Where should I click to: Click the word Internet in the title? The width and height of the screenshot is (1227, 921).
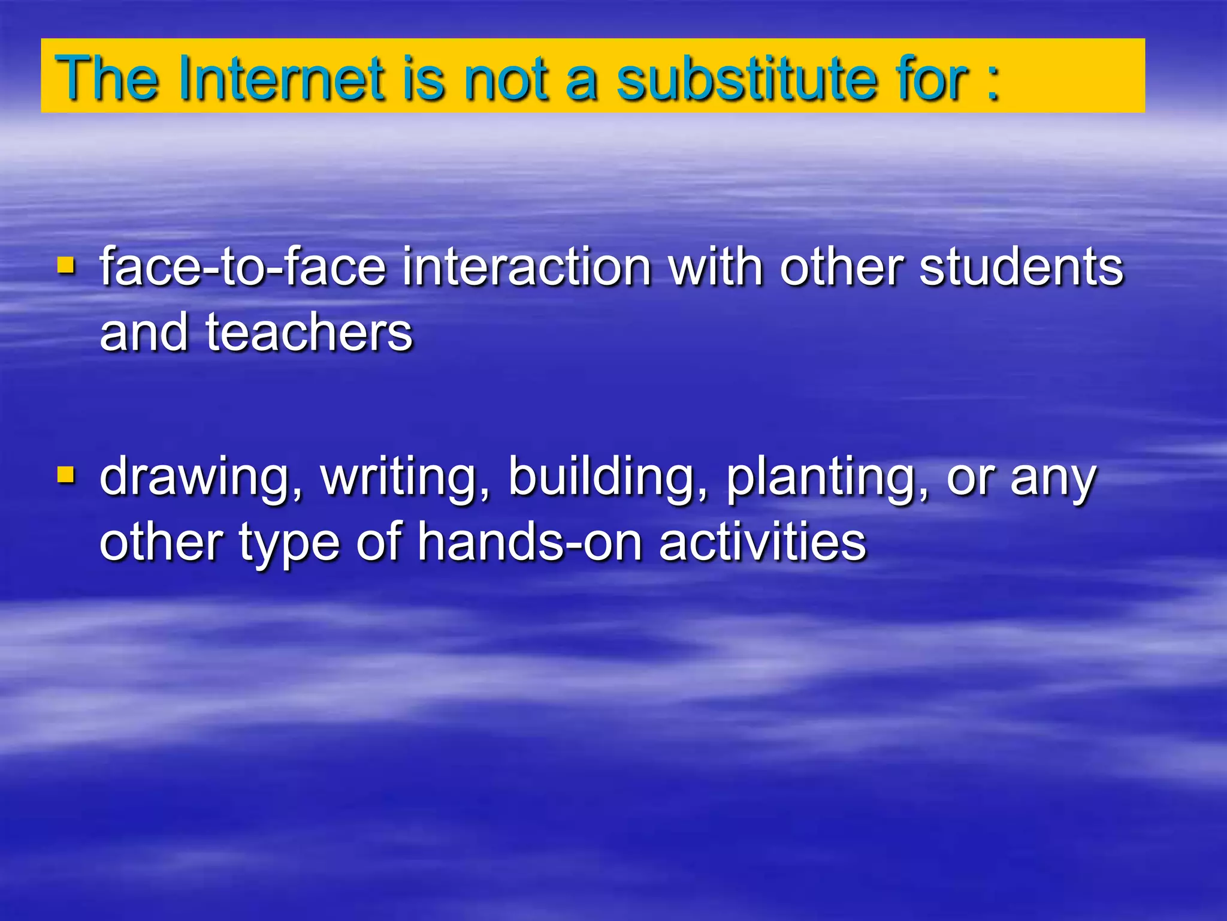(x=281, y=79)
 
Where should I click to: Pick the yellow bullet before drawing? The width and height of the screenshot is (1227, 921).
(x=66, y=475)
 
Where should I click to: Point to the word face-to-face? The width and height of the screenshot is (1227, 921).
(x=243, y=267)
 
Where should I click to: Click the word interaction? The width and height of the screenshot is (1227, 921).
(x=527, y=267)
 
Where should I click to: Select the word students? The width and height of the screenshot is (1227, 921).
(x=1021, y=267)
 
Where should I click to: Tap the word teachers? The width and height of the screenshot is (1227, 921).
(x=309, y=332)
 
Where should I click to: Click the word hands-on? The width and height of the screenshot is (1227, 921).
(x=530, y=542)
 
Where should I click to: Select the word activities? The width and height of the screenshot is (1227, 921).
(x=762, y=542)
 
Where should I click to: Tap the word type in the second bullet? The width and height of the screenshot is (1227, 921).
(x=289, y=543)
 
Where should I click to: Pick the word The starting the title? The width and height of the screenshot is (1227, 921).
(x=107, y=79)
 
